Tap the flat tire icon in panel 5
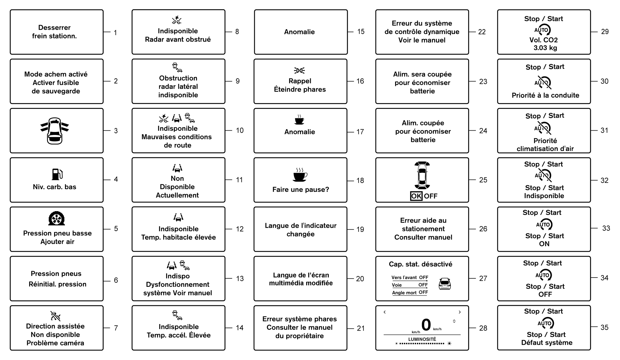57,219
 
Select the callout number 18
360,180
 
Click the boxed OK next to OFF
416,196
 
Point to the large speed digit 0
426,325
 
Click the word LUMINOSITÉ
422,339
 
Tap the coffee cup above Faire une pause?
300,175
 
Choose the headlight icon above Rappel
299,70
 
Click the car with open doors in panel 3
55,131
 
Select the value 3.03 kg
545,48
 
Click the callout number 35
604,327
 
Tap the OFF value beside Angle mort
423,292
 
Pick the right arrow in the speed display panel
460,312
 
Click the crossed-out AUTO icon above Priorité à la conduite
543,82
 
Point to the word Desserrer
54,27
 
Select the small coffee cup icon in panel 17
299,120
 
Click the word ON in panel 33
544,244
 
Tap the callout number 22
482,32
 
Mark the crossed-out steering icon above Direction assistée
55,316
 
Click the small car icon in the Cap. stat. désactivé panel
445,284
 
